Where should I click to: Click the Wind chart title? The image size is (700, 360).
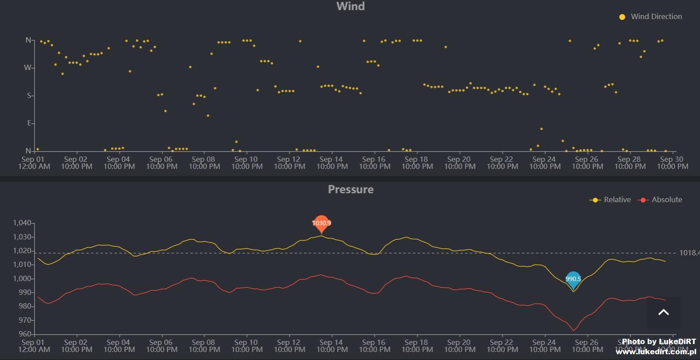point(350,6)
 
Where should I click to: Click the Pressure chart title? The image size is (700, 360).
point(350,189)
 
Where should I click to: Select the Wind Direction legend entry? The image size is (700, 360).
point(651,17)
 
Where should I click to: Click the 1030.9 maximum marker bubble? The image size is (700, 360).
point(322,223)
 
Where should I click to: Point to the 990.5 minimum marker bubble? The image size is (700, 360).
point(573,279)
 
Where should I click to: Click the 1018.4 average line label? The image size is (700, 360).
point(688,253)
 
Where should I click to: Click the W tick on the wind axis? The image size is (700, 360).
point(28,68)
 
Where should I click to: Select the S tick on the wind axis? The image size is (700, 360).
point(29,96)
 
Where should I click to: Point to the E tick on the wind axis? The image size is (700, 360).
point(29,123)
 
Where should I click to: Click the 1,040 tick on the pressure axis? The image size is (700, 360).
point(22,223)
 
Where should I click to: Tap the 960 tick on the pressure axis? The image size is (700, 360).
point(25,334)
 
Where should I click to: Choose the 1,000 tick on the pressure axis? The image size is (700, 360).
point(22,279)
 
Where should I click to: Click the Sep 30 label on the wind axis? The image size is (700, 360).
point(672,163)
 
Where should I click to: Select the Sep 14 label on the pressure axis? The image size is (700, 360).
point(332,346)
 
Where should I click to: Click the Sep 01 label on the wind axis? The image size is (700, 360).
point(34,163)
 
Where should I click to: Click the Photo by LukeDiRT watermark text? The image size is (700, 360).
point(659,341)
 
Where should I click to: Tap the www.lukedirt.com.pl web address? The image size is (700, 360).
point(656,352)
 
